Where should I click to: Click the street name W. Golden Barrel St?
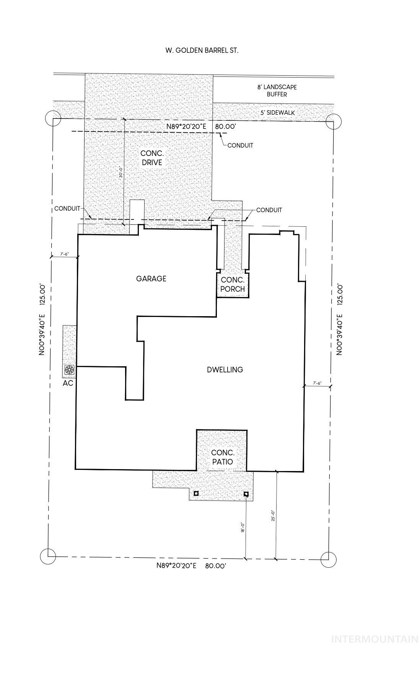[x=202, y=50]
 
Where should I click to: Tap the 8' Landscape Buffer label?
[x=277, y=91]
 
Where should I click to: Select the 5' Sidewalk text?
[x=277, y=113]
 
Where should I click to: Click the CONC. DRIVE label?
[x=152, y=158]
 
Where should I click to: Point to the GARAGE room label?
[x=151, y=279]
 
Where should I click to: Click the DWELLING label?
[x=225, y=370]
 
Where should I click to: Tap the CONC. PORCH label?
[x=233, y=285]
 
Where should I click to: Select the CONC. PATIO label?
[x=222, y=457]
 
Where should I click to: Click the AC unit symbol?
[x=69, y=369]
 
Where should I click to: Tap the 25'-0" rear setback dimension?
[x=273, y=515]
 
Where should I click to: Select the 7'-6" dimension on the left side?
[x=64, y=254]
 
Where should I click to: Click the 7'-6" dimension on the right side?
[x=317, y=383]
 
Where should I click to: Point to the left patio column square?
[x=196, y=493]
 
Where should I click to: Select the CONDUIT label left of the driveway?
[x=67, y=209]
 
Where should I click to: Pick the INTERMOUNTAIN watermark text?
[x=374, y=639]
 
